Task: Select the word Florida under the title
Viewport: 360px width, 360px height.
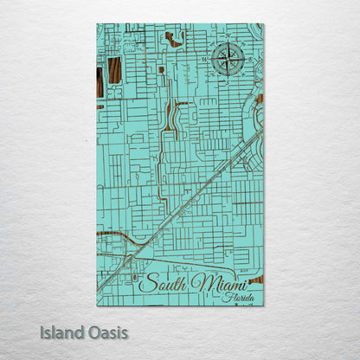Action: [238, 298]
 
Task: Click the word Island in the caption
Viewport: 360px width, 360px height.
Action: [61, 332]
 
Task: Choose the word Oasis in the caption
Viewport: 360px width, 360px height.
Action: [106, 332]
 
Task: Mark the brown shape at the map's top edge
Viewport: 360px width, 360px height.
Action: [174, 39]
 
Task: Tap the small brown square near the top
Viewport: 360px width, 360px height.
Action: [161, 69]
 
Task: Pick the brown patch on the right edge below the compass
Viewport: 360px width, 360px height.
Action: [259, 100]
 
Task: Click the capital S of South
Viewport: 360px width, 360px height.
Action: [145, 284]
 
